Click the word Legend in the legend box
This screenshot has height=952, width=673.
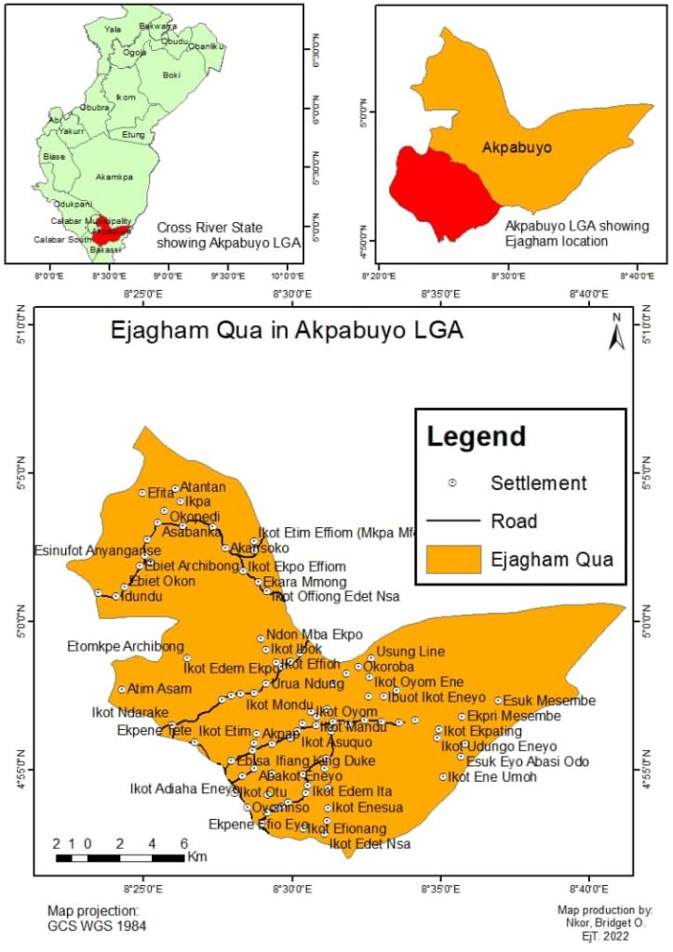(x=476, y=436)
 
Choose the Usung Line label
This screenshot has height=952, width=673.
(x=411, y=651)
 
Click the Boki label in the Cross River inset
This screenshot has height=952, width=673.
(x=171, y=75)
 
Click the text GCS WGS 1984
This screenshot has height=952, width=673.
(x=97, y=926)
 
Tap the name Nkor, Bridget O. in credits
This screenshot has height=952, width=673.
(x=605, y=924)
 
